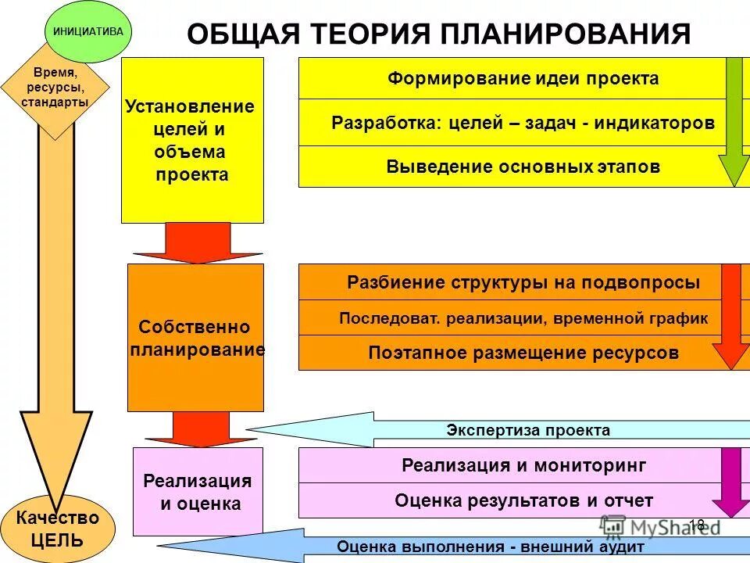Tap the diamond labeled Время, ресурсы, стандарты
(55, 88)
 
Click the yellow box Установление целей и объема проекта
(192, 141)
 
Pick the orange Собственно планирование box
(195, 338)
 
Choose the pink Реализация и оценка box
(198, 492)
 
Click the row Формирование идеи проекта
(512, 79)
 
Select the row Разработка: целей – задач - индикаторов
(512, 123)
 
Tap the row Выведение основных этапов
(512, 167)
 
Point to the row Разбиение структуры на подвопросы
(512, 282)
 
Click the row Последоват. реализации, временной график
(512, 318)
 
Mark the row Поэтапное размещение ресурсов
(512, 353)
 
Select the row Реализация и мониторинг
(512, 466)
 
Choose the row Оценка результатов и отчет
(512, 500)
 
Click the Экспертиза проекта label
(528, 430)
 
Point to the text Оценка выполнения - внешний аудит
(491, 547)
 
